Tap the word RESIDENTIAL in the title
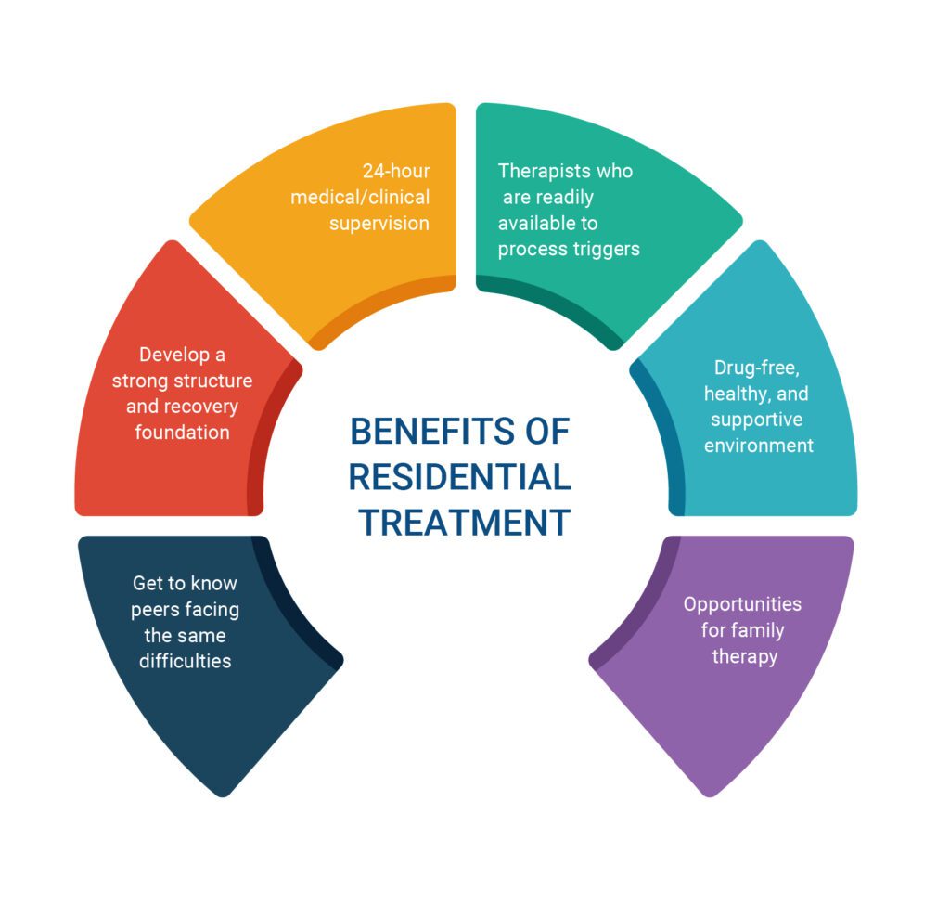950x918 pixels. click(460, 476)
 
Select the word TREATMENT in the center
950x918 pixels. click(464, 522)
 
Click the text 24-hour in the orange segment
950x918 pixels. click(396, 171)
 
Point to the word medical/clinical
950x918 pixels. click(360, 197)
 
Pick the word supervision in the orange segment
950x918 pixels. click(379, 224)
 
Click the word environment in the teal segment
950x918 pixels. click(759, 446)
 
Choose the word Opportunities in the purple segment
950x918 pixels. click(742, 604)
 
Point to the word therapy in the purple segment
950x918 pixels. click(745, 656)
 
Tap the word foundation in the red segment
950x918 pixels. click(183, 433)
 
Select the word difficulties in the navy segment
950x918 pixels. click(185, 661)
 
